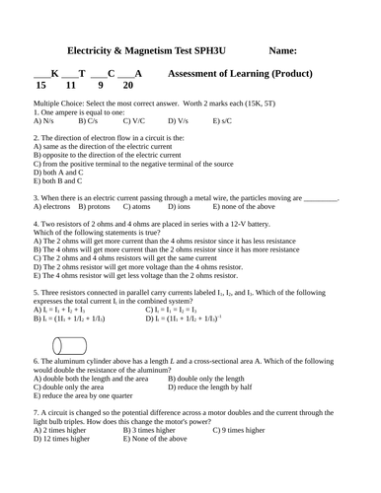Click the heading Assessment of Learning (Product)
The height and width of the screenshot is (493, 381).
pyautogui.click(x=241, y=74)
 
